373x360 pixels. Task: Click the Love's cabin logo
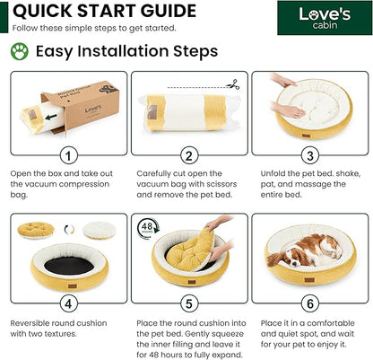325,18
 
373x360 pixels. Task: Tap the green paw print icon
20,51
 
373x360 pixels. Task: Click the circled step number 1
68,155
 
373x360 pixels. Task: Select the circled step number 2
189,155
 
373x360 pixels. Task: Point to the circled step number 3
310,155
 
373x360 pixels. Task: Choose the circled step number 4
68,303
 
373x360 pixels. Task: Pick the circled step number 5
189,303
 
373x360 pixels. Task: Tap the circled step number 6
310,303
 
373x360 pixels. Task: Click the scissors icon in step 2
233,84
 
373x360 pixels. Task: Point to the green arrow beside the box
51,117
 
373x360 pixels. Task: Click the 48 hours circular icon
148,228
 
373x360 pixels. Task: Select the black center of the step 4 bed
69,266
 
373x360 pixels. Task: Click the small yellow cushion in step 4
36,230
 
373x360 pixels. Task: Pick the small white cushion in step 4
99,230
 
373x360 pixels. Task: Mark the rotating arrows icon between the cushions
69,230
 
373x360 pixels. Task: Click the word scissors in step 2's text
218,184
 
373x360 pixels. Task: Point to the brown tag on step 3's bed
306,136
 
